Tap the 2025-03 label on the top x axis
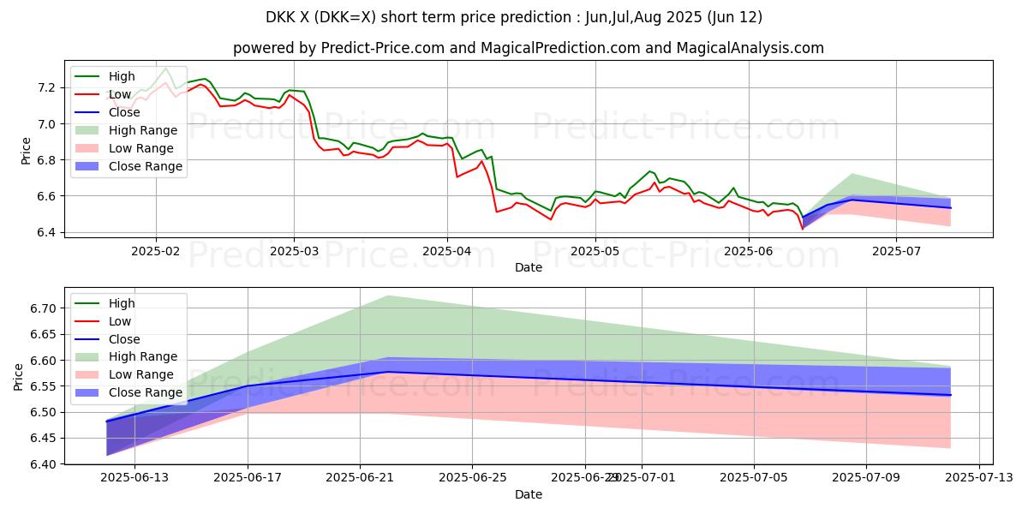click(x=294, y=252)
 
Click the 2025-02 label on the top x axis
click(x=155, y=252)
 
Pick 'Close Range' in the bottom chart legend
click(x=146, y=392)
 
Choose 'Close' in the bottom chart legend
click(x=125, y=339)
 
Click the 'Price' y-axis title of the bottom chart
click(x=19, y=376)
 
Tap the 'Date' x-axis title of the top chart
click(x=529, y=268)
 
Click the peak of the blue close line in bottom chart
click(x=388, y=372)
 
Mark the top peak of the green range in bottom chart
click(x=388, y=296)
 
